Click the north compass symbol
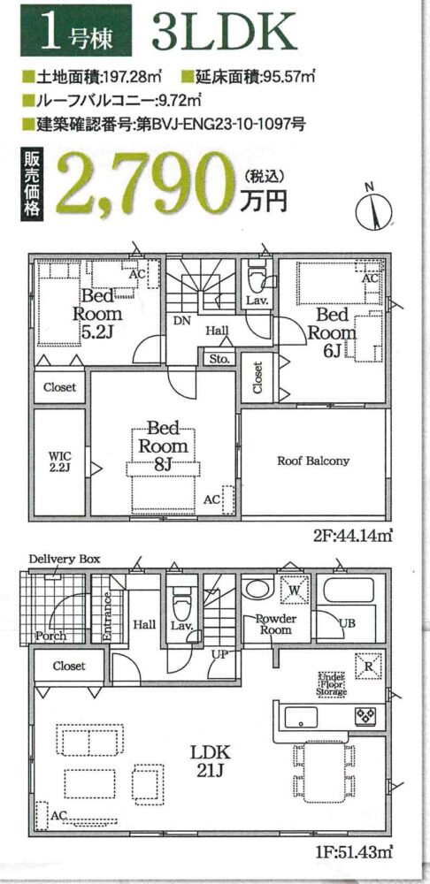pyautogui.click(x=373, y=208)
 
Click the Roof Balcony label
pyautogui.click(x=312, y=461)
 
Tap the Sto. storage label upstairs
pyautogui.click(x=219, y=359)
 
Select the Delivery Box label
pyautogui.click(x=65, y=560)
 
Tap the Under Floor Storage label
pyautogui.click(x=333, y=683)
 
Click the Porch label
pyautogui.click(x=50, y=636)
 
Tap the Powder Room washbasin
pyautogui.click(x=257, y=589)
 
